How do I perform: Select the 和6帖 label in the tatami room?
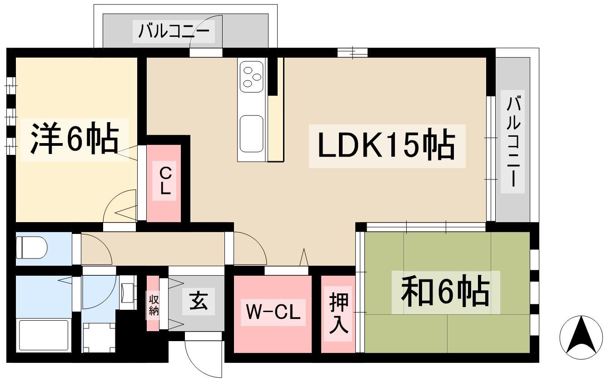point(445,292)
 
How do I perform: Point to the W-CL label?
point(273,312)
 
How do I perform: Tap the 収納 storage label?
point(153,305)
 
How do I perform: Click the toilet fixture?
point(32,248)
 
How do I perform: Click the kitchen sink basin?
point(251,134)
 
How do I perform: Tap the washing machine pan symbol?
point(99,337)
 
